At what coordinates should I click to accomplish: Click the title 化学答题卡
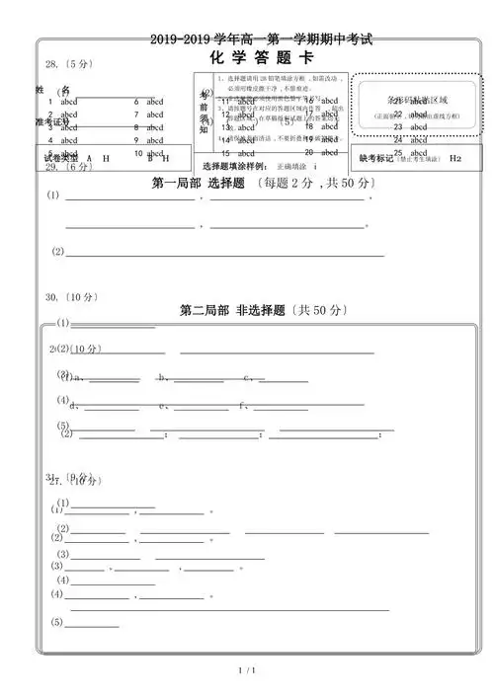(x=248, y=57)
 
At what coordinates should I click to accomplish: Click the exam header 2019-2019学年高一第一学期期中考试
(x=247, y=39)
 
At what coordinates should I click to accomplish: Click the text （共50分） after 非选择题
(x=314, y=310)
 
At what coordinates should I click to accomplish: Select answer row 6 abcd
(x=149, y=102)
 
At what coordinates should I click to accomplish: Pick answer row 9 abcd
(x=149, y=140)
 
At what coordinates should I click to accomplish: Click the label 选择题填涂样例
(x=234, y=166)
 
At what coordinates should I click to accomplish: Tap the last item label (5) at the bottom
(x=57, y=622)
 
